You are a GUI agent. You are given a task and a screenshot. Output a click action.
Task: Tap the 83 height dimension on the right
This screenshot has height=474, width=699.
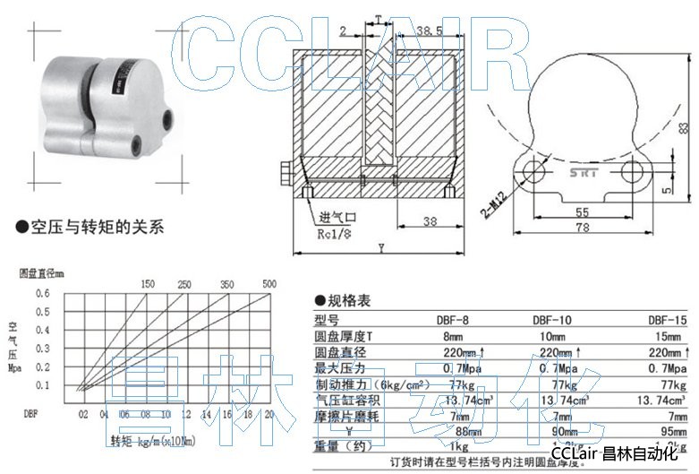click(684, 127)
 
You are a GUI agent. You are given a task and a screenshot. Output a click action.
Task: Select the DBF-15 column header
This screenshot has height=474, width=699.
click(668, 319)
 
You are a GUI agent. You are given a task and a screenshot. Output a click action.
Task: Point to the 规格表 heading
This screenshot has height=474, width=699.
click(348, 302)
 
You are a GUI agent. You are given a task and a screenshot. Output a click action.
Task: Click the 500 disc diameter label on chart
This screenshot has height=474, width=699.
click(269, 284)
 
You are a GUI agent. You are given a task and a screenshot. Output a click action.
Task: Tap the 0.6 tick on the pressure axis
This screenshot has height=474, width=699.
click(43, 293)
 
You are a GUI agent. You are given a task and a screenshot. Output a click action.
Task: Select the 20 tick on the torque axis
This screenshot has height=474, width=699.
click(269, 416)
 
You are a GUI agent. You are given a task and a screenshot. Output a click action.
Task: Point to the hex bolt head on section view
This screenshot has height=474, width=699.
click(286, 172)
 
